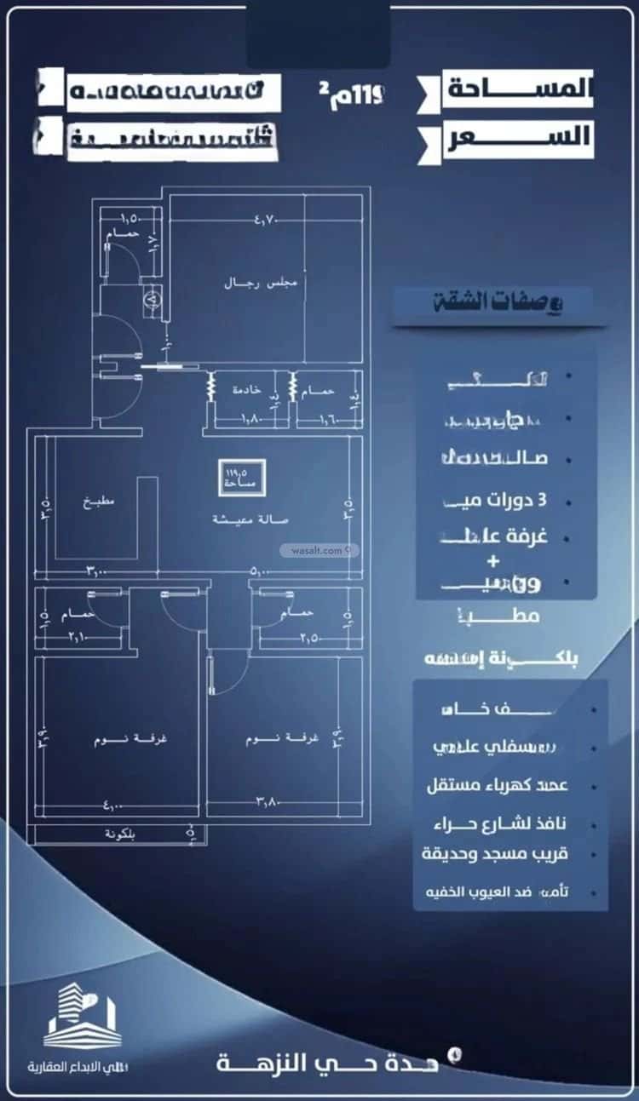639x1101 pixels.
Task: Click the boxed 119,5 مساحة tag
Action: click(243, 478)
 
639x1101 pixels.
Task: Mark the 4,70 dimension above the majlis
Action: click(243, 220)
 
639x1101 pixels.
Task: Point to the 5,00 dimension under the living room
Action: click(262, 572)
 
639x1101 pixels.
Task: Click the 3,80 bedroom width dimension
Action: click(271, 800)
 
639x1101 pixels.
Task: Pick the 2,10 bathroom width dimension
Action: click(79, 636)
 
